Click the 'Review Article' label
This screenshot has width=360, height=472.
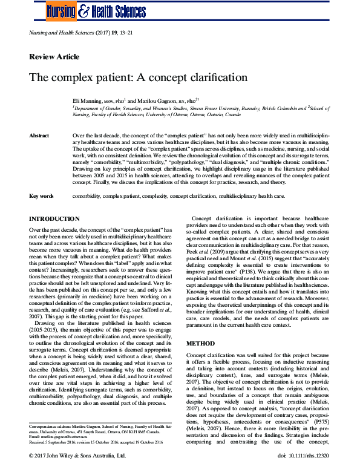(54, 57)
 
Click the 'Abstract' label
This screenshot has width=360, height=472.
(39, 136)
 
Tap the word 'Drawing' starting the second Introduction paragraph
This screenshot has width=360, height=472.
(47, 323)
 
